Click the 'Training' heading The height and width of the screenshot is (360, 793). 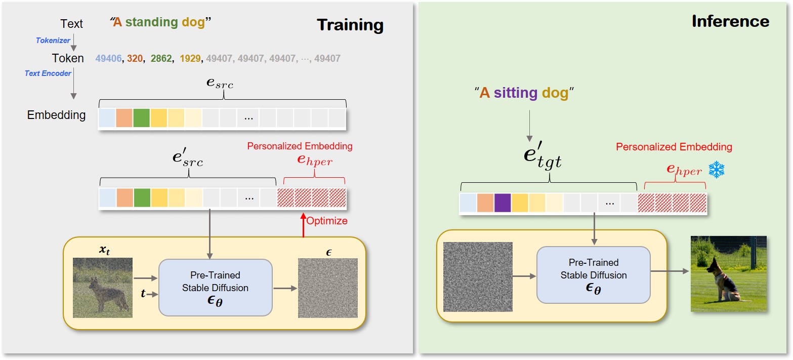click(x=350, y=25)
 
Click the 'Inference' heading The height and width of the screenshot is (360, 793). click(x=730, y=21)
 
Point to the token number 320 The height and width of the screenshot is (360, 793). click(x=135, y=59)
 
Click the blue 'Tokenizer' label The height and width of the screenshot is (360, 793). click(x=53, y=41)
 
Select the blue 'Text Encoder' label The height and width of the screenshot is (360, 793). click(x=48, y=73)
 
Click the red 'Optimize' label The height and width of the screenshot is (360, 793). click(x=327, y=221)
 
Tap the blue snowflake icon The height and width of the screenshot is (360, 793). click(x=717, y=170)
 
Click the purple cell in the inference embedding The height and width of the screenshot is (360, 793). click(x=503, y=203)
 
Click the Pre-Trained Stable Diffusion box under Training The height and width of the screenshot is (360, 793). click(x=215, y=288)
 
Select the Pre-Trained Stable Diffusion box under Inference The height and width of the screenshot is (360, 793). click(x=593, y=275)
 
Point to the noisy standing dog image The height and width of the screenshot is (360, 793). click(x=103, y=288)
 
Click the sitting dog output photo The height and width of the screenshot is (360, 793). click(x=728, y=273)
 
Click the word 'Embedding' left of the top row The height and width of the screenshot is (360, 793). click(x=56, y=115)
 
